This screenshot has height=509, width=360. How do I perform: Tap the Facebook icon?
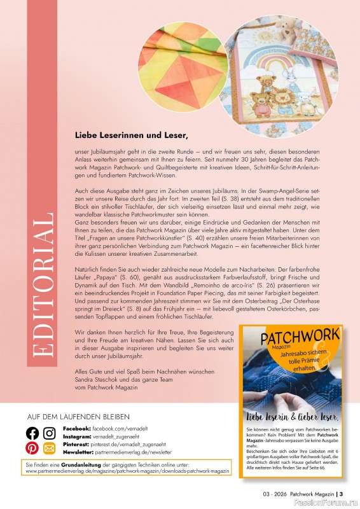pos(32,434)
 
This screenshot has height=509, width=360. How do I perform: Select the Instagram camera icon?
pos(49,434)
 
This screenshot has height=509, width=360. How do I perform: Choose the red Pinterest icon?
pos(32,449)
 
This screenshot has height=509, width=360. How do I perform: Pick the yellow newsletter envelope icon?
pos(49,449)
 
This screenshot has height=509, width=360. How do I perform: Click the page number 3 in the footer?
pos(342,493)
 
